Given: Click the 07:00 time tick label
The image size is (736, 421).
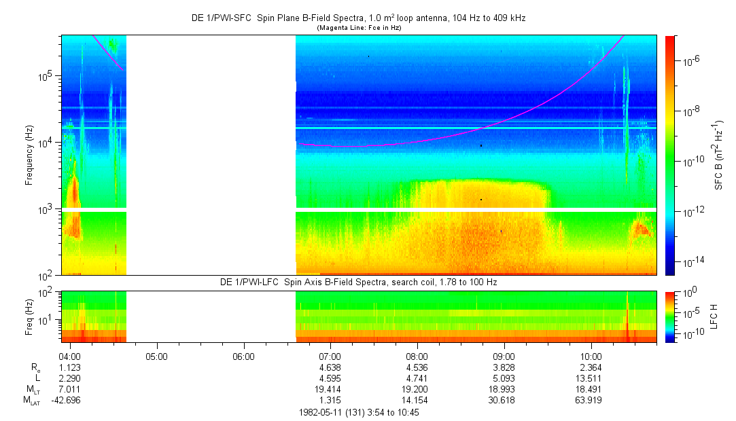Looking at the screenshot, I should [330, 356].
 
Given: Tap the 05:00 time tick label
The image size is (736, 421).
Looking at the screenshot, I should [156, 356].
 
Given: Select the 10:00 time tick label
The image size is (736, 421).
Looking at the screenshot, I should [591, 356].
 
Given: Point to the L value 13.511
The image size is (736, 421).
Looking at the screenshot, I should [591, 378].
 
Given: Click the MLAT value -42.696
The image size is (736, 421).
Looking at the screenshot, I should [70, 400].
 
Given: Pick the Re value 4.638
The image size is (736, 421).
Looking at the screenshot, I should [330, 367].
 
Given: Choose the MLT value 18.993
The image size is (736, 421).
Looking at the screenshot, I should [504, 389].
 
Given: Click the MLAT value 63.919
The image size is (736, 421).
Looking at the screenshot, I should [591, 400].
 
